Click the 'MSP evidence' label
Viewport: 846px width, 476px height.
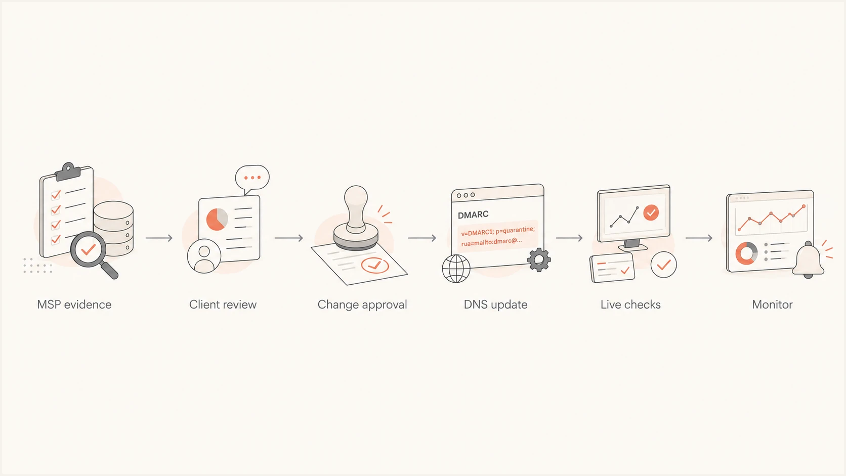tap(74, 305)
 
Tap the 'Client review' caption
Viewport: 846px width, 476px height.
tap(223, 305)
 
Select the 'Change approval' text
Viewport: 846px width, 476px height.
tap(362, 305)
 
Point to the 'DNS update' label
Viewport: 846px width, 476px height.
tap(495, 305)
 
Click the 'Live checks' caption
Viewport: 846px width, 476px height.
tap(630, 305)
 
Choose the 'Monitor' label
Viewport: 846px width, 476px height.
tap(772, 305)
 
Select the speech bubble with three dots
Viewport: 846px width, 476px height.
tap(252, 179)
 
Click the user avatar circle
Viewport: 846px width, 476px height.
tap(204, 256)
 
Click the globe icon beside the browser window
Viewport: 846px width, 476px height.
tap(456, 269)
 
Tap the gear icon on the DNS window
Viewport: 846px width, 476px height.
tap(539, 259)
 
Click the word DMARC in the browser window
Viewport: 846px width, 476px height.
tap(473, 215)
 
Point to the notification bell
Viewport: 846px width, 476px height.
tap(808, 260)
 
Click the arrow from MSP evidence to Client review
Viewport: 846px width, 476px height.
tap(159, 238)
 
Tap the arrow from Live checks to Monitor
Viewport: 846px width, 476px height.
tap(699, 238)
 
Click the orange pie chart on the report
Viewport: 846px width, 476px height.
tap(217, 220)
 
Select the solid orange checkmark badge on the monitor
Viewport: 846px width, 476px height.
tap(651, 213)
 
